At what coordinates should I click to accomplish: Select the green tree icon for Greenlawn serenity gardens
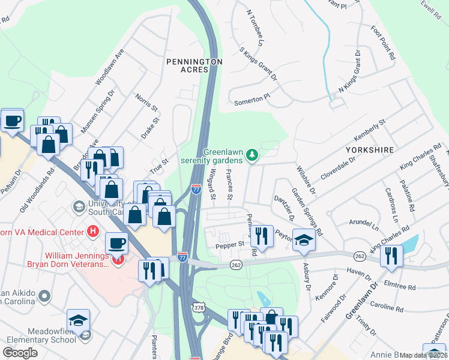pos(253,156)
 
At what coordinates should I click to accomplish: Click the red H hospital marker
pos(92,230)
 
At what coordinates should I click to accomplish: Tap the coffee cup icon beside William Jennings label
pos(116,244)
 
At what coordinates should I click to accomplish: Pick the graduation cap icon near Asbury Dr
pos(304,240)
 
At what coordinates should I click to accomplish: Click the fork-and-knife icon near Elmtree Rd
pos(391,256)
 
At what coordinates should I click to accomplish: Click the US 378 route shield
pos(198,307)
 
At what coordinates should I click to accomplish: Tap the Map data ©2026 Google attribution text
pos(424,355)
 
